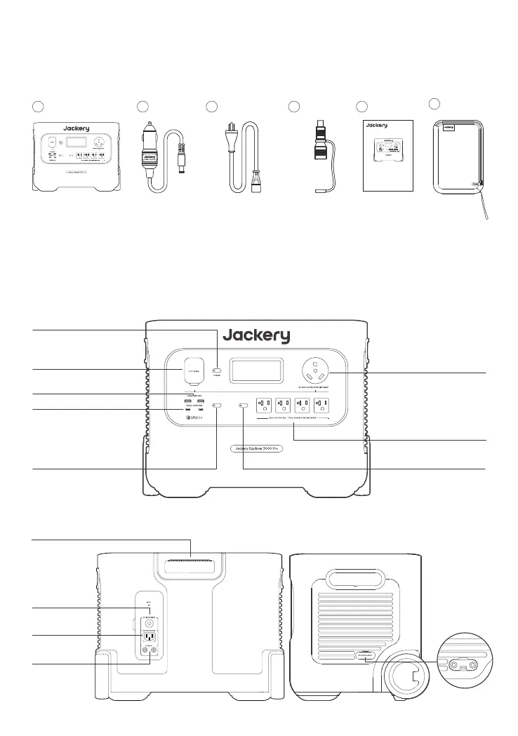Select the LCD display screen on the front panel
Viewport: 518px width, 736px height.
pyautogui.click(x=257, y=370)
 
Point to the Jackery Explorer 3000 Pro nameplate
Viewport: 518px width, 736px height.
pyautogui.click(x=257, y=448)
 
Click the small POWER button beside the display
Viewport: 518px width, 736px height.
pyautogui.click(x=218, y=370)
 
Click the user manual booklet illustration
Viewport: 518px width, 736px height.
pyautogui.click(x=387, y=154)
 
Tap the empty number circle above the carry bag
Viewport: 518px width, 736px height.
pyautogui.click(x=434, y=104)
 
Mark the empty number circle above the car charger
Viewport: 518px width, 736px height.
pyautogui.click(x=142, y=106)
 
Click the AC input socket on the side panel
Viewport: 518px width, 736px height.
pyautogui.click(x=148, y=636)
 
